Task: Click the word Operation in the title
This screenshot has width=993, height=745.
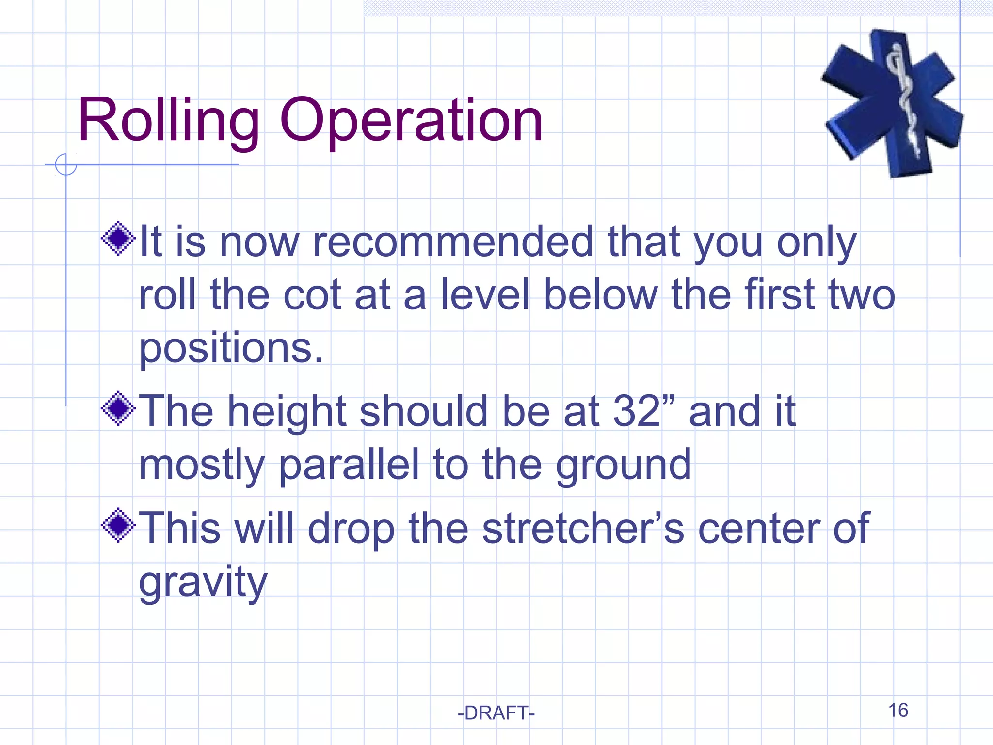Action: pyautogui.click(x=411, y=120)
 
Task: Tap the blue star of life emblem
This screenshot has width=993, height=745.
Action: pyautogui.click(x=892, y=103)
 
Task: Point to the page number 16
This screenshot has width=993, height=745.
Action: pyautogui.click(x=898, y=710)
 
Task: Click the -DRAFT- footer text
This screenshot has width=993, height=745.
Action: pyautogui.click(x=496, y=713)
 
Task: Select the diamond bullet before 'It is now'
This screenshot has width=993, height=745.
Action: pyautogui.click(x=118, y=238)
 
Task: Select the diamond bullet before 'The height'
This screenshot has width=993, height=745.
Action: pyautogui.click(x=118, y=408)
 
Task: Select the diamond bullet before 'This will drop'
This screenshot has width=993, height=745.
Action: pyautogui.click(x=118, y=525)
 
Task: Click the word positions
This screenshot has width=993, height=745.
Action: pyautogui.click(x=231, y=348)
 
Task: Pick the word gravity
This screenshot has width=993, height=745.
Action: pyautogui.click(x=203, y=582)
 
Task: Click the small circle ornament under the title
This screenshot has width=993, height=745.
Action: pyautogui.click(x=66, y=164)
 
